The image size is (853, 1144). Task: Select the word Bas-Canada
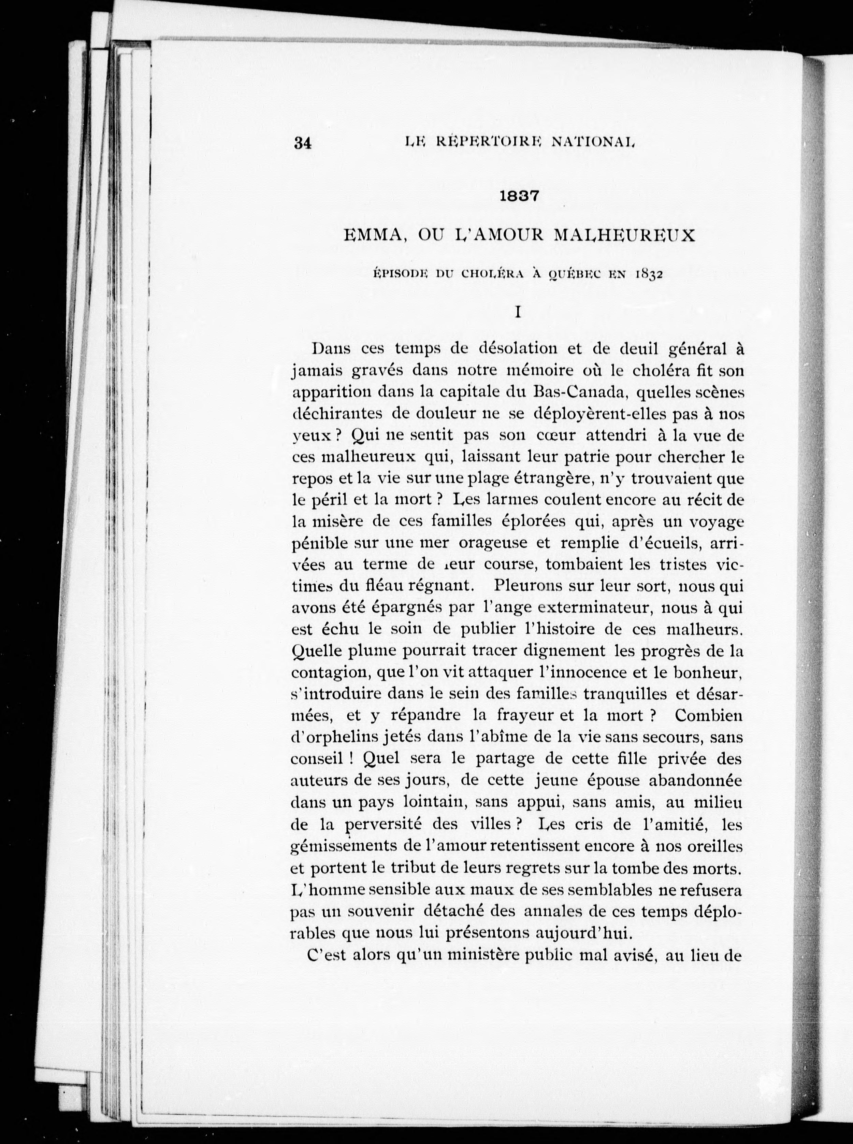(579, 392)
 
